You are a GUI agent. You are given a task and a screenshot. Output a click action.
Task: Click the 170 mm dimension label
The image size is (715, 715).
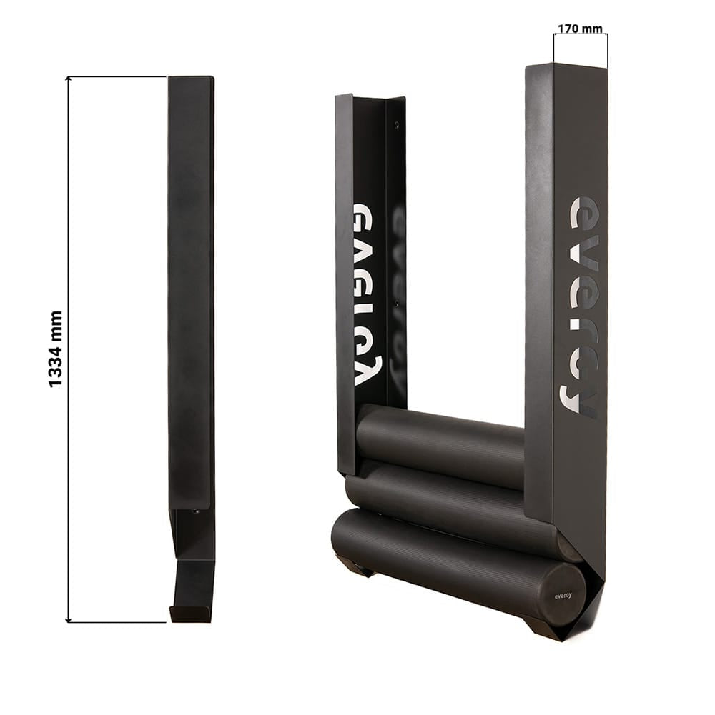[580, 29]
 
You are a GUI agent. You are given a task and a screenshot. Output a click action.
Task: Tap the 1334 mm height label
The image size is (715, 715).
[55, 349]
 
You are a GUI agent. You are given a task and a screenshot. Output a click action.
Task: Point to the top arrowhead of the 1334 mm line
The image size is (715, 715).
[68, 79]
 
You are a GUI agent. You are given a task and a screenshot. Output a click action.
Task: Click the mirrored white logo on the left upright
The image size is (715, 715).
[368, 295]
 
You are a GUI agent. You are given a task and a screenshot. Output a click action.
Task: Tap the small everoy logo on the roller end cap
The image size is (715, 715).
[563, 596]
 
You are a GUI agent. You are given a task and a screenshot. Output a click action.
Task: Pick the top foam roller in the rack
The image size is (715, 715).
[440, 444]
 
